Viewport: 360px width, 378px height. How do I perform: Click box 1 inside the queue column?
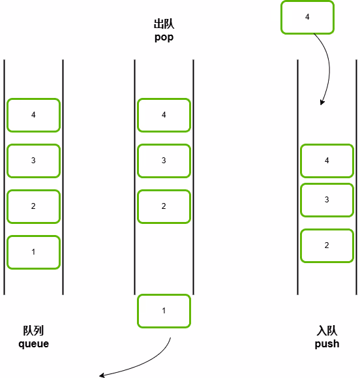[33, 252]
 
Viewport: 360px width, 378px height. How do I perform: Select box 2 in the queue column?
[33, 206]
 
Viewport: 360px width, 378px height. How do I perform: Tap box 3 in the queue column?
[33, 161]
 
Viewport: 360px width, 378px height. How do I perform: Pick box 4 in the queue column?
[33, 115]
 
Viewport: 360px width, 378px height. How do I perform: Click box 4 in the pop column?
[164, 115]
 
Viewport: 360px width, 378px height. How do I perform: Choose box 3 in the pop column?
[164, 161]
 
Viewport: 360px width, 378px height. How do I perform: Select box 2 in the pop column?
[164, 206]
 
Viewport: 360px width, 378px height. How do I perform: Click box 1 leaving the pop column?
[164, 311]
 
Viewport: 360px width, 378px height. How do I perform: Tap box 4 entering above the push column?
[307, 17]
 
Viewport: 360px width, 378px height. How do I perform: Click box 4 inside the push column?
[327, 161]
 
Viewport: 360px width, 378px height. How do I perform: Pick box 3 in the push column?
[327, 200]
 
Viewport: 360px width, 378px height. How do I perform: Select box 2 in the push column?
[327, 245]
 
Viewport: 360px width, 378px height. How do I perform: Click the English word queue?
[34, 344]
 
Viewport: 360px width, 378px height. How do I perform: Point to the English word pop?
[164, 38]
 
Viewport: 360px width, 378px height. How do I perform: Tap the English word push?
[327, 344]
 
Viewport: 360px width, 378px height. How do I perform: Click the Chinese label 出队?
[164, 24]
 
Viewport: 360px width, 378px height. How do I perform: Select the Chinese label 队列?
[33, 330]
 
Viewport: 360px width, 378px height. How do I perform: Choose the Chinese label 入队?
[327, 330]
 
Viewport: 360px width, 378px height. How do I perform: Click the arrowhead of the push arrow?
[322, 102]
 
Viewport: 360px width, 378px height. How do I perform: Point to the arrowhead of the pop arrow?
[102, 375]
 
